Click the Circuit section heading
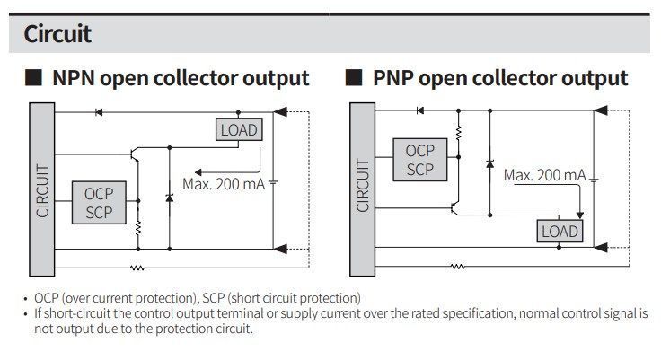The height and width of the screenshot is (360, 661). click(x=57, y=34)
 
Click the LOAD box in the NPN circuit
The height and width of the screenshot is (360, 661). click(x=239, y=129)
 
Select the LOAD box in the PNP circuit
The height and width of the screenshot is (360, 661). click(x=560, y=231)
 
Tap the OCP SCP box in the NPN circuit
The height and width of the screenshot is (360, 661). click(x=99, y=203)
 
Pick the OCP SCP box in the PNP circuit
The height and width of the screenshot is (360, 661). click(x=420, y=160)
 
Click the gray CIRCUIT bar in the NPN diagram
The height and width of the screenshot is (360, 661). click(x=41, y=189)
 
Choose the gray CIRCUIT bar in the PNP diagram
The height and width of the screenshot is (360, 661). click(x=363, y=189)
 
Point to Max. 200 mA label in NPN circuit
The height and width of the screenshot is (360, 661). click(x=224, y=184)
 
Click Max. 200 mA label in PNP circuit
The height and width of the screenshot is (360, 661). click(x=544, y=175)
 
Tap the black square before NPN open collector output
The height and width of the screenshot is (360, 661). click(x=34, y=78)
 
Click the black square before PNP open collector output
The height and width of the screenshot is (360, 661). click(x=354, y=78)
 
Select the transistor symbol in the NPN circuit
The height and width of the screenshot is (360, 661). click(x=135, y=154)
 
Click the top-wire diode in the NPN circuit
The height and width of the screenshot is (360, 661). click(x=99, y=112)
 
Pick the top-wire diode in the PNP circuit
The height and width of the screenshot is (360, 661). click(x=420, y=110)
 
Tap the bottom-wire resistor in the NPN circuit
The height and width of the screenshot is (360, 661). click(x=137, y=268)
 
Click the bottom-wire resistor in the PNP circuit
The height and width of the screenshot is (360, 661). click(x=458, y=266)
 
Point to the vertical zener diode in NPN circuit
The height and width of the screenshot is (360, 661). click(x=170, y=198)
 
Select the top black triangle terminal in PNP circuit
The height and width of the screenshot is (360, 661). click(x=601, y=110)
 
